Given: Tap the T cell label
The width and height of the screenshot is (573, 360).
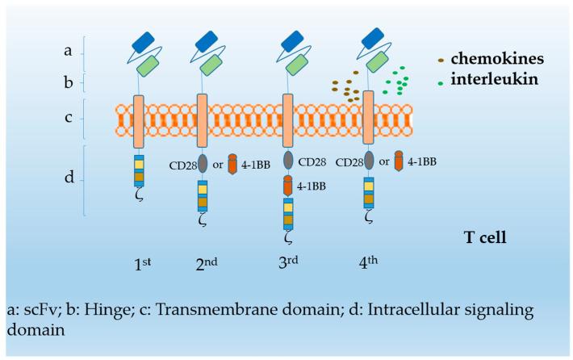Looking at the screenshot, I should point(484,237).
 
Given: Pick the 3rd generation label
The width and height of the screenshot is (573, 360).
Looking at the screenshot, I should point(291,263).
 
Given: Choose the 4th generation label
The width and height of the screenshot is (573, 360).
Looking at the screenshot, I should point(372,263).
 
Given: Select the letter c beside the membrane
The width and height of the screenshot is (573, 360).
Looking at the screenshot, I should point(69,118).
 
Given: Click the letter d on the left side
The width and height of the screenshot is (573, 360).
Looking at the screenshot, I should point(69,177).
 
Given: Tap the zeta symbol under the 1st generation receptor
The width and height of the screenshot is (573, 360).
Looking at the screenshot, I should point(139,195).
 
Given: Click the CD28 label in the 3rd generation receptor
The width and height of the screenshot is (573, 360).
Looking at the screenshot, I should point(312,162).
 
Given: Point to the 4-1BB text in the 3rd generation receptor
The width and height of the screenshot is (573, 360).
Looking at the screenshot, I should point(313,185).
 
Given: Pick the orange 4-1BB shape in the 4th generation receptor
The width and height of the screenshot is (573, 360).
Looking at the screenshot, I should point(398,161).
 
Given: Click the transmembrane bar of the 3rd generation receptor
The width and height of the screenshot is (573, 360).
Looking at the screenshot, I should point(287,119).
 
